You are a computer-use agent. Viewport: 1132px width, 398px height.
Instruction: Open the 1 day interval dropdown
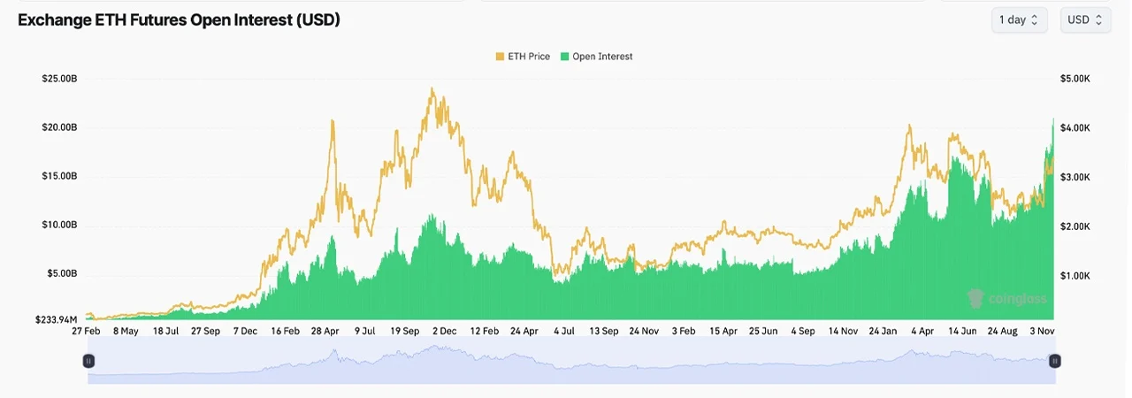tap(1019, 20)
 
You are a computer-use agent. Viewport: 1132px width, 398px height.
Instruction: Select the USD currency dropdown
tap(1085, 20)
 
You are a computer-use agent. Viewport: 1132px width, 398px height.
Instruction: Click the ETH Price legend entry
tap(523, 57)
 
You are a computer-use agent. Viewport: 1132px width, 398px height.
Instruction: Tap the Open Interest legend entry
tap(597, 57)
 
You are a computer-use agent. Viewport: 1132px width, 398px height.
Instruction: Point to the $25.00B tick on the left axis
tap(59, 79)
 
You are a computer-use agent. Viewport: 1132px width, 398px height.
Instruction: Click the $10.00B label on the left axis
tap(59, 225)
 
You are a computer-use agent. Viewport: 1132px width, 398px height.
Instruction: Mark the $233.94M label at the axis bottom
tap(56, 319)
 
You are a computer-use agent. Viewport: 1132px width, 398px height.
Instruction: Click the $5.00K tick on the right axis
tap(1075, 79)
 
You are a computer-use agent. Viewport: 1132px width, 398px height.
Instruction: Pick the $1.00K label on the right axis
tap(1075, 276)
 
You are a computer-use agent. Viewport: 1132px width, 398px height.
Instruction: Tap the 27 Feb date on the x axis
tap(86, 332)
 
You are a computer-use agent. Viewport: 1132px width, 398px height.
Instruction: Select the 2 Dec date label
tap(445, 332)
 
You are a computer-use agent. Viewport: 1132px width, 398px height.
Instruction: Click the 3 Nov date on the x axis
tap(1042, 332)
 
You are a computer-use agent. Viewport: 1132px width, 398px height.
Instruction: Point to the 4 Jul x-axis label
tap(564, 332)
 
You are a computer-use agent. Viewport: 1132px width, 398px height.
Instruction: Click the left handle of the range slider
tap(88, 361)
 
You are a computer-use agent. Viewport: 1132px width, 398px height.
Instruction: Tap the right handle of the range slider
tap(1055, 361)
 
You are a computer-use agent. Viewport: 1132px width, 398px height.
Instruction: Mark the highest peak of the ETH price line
tap(432, 88)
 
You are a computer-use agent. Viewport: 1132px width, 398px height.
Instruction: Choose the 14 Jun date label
tap(962, 332)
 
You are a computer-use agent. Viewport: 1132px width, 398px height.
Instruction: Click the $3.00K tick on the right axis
tap(1075, 177)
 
